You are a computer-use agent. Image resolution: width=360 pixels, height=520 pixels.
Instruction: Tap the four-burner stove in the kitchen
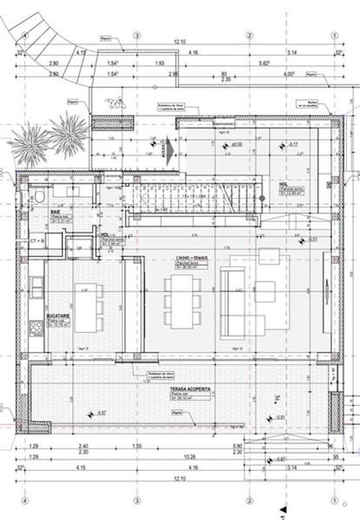tap(36, 328)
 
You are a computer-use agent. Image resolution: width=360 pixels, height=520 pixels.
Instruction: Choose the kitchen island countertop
tap(85, 307)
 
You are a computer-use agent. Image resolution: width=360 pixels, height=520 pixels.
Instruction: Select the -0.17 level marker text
tap(293, 144)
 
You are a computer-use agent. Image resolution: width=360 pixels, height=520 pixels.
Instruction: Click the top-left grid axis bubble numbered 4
tap(25, 35)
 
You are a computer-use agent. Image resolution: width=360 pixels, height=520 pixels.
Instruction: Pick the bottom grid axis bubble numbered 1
tap(335, 500)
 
